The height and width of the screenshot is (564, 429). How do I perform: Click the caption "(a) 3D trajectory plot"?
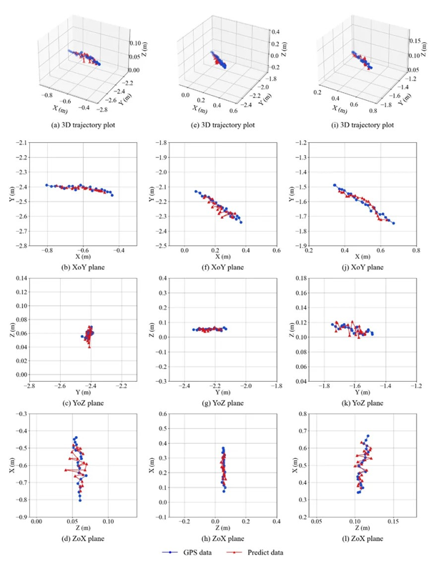[81, 127]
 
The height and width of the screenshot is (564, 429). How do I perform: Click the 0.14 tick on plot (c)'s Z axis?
[21, 277]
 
